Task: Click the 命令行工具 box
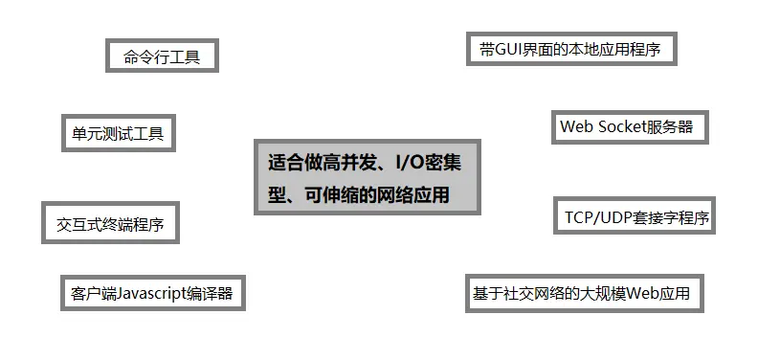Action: [162, 56]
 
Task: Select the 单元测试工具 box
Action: [118, 133]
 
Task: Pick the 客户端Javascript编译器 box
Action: [152, 293]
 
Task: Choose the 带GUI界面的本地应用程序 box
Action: [571, 48]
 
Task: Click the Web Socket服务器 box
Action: [630, 127]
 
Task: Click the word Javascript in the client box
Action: [153, 293]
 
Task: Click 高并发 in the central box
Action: [343, 163]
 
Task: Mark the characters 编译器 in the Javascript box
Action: [212, 293]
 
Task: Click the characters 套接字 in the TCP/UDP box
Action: [653, 216]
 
